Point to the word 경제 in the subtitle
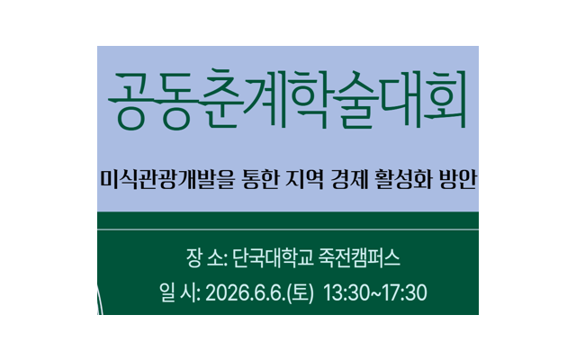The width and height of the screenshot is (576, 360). coord(362,184)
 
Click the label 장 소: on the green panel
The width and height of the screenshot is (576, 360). coord(205,260)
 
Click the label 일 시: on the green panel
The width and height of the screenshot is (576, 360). coord(177,293)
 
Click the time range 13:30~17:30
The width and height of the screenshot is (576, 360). coord(374,293)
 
